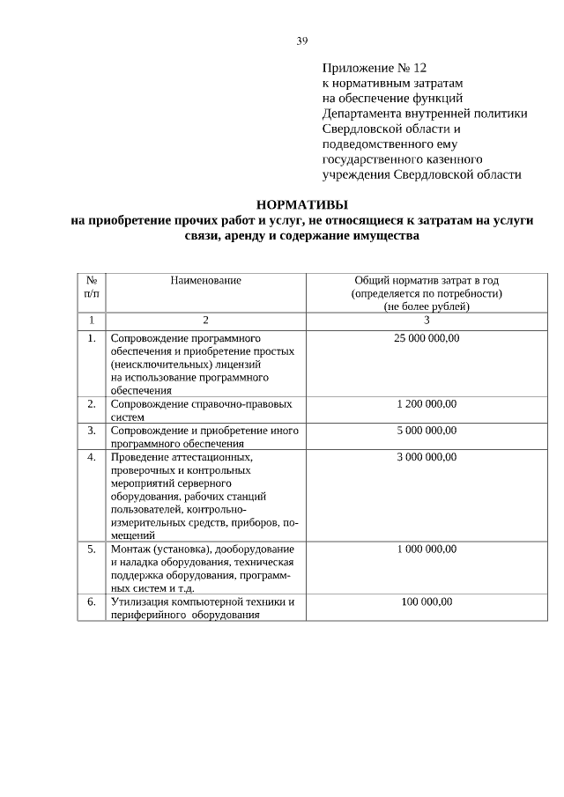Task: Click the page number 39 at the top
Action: pos(302,41)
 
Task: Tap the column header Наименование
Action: pos(205,280)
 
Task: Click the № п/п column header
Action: pos(92,286)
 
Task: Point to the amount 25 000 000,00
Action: pos(427,337)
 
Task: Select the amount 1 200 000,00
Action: pos(427,403)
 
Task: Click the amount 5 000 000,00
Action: pos(427,430)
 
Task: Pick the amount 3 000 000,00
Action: pos(427,456)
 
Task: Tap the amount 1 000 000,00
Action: pos(427,549)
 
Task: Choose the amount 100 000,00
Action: pos(427,601)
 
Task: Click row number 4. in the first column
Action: pos(92,456)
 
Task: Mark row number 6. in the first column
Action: pos(92,601)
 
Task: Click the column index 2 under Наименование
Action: pos(205,320)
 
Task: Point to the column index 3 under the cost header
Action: pos(427,320)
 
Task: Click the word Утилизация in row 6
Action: pos(141,601)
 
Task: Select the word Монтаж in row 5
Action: pos(130,549)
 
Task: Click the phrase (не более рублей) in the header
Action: pos(427,306)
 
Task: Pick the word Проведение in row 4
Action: pos(141,456)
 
